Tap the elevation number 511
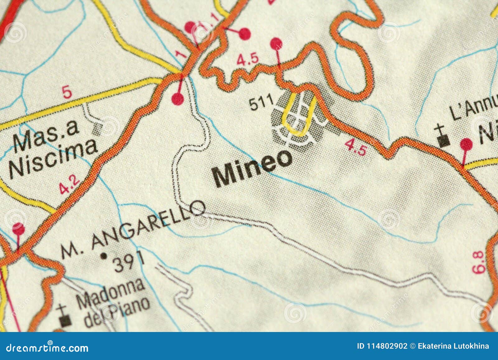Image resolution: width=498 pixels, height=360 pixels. pyautogui.click(x=261, y=103)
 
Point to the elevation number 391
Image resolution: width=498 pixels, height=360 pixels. pyautogui.click(x=129, y=262)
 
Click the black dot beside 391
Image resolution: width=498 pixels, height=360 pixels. pyautogui.click(x=104, y=256)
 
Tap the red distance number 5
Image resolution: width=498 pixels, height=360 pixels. pyautogui.click(x=67, y=93)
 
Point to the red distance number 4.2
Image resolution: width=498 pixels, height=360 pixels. pyautogui.click(x=69, y=185)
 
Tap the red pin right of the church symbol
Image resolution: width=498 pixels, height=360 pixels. pyautogui.click(x=466, y=144)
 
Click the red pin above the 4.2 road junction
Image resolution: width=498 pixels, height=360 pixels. pyautogui.click(x=178, y=99)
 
